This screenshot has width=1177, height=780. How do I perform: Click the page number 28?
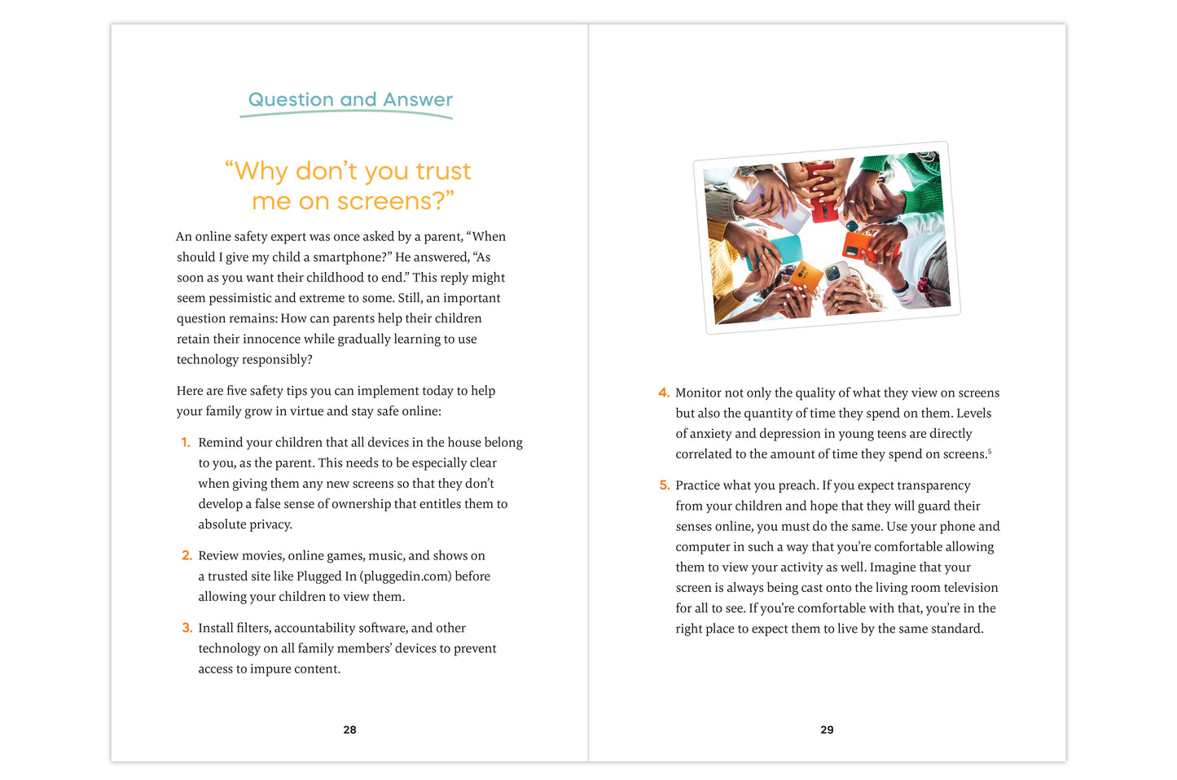(x=349, y=730)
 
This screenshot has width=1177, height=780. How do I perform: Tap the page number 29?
(x=827, y=730)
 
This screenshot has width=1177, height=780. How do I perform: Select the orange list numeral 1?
(x=186, y=443)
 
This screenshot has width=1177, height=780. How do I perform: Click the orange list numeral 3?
(x=187, y=629)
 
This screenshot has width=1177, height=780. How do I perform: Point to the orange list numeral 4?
(x=664, y=393)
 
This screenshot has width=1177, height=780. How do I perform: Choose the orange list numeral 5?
(x=664, y=486)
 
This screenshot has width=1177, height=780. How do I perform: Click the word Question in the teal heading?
(x=291, y=99)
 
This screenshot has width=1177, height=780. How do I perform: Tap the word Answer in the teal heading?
(x=418, y=99)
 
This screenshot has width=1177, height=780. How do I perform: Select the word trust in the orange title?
(x=443, y=171)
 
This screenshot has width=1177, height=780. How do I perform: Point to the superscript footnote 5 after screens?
(x=990, y=451)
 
